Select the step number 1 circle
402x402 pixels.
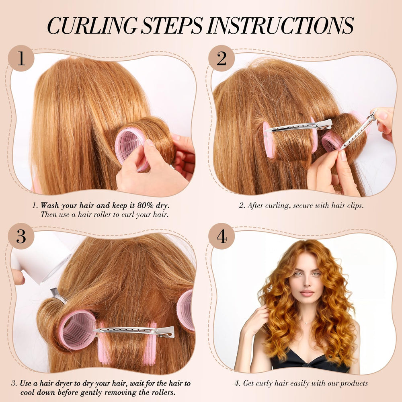tap(21, 58)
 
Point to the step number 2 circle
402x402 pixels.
tap(222, 58)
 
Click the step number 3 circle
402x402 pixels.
tap(21, 236)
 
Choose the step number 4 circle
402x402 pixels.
tap(222, 236)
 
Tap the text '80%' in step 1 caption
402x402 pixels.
tap(146, 205)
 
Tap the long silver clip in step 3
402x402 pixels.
tap(134, 331)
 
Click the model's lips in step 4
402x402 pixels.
tap(307, 293)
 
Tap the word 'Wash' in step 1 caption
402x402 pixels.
tap(49, 205)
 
